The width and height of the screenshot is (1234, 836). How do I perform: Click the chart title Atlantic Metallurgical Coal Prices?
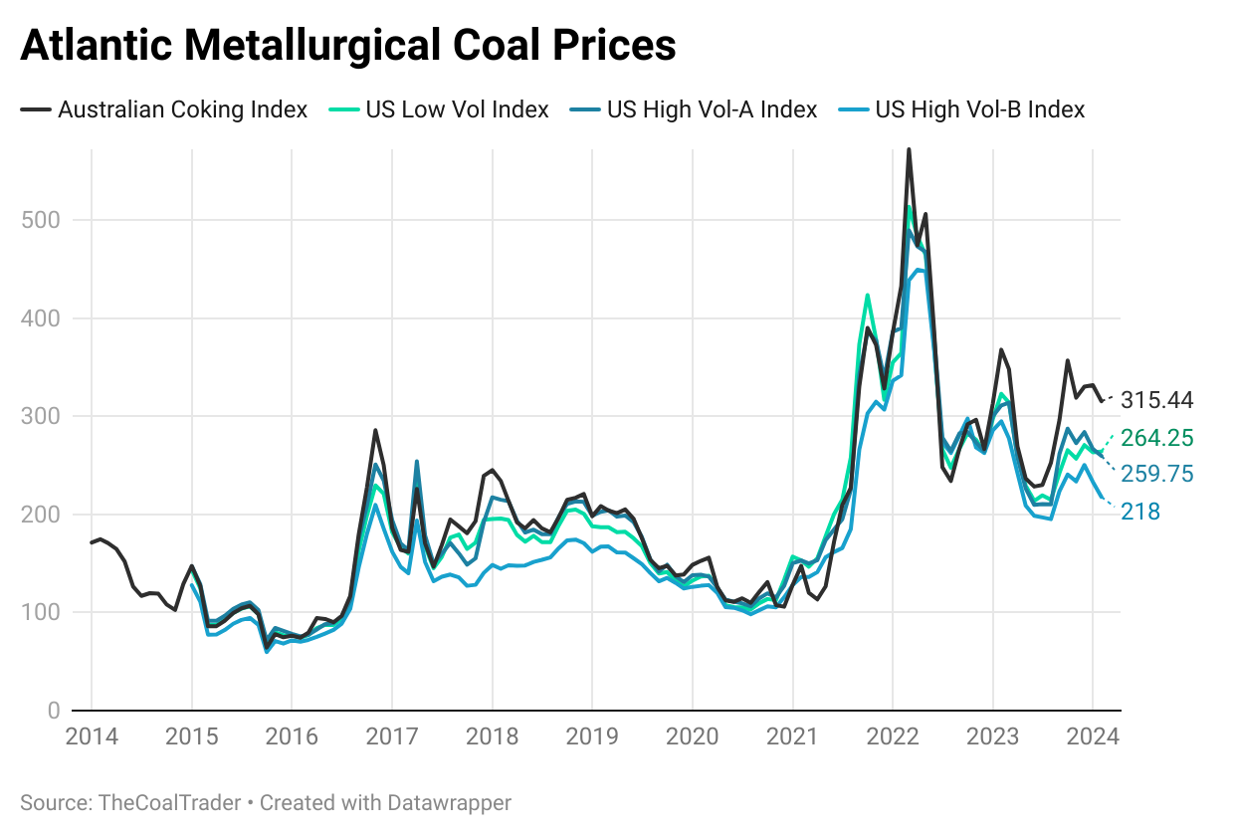click(347, 46)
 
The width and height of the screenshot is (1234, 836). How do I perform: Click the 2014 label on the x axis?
click(92, 737)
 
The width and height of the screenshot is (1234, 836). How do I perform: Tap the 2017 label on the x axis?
click(391, 737)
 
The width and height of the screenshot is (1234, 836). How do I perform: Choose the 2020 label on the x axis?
click(692, 737)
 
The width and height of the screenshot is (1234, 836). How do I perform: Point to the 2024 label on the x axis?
click(1092, 737)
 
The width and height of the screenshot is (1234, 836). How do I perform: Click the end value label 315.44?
click(1156, 401)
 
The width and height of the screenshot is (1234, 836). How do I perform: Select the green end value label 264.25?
click(1156, 439)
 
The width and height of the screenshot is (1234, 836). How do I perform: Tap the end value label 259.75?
click(1156, 475)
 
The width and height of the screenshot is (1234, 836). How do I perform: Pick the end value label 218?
click(1140, 513)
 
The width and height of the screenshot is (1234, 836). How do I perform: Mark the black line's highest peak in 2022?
click(909, 150)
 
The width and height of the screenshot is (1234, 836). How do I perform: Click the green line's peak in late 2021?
click(868, 295)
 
